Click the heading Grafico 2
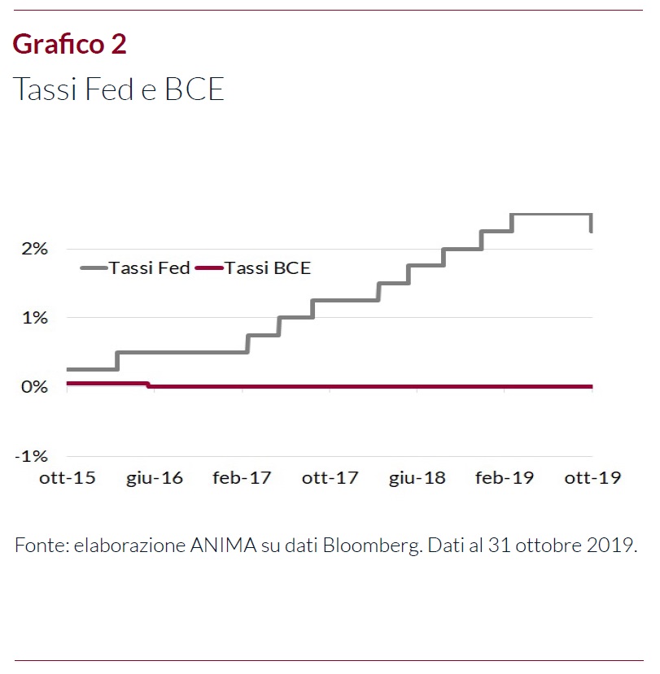point(70,44)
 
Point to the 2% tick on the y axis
point(35,249)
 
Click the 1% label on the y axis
point(35,318)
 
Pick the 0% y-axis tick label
point(35,387)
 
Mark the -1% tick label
point(32,456)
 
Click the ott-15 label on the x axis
point(68,478)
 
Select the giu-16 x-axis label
point(155,478)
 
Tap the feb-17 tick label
point(242,478)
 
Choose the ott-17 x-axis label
point(330,478)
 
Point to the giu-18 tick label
point(417,478)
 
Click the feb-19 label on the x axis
point(505,478)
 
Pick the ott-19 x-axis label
point(592,478)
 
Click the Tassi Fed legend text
point(150,267)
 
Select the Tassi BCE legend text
point(268,267)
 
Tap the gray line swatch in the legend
point(94,267)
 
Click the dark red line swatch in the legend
point(208,267)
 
